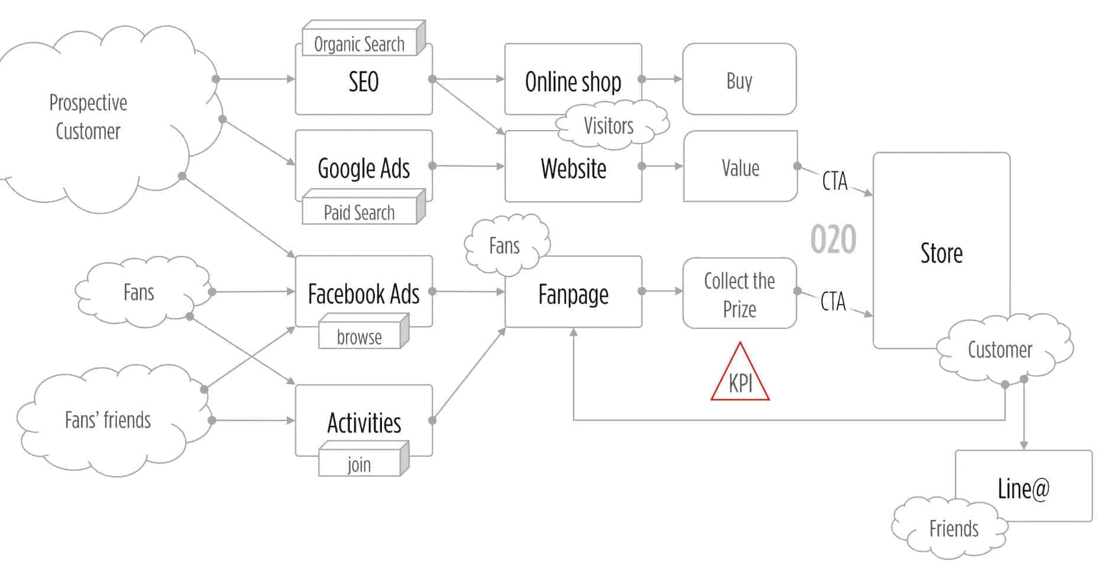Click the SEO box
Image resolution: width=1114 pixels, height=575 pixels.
[363, 82]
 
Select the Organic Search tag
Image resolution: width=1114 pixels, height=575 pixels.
[359, 44]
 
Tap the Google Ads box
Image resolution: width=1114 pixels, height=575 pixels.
[363, 168]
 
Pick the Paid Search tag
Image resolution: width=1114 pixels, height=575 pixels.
[359, 212]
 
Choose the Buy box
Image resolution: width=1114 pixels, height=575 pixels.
[739, 80]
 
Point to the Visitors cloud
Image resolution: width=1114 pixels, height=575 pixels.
[609, 125]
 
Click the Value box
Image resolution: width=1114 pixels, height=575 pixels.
[740, 168]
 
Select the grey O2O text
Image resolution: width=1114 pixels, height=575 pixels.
[833, 239]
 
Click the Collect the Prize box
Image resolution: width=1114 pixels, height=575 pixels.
[739, 294]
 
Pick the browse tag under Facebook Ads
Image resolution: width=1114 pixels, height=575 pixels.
[359, 337]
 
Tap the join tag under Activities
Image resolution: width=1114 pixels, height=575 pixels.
[359, 464]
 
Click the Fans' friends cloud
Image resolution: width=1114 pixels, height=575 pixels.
[108, 420]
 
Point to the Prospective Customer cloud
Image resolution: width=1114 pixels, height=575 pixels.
[89, 117]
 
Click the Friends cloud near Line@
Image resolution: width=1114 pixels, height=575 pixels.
[953, 528]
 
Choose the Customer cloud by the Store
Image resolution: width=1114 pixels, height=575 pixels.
[1000, 350]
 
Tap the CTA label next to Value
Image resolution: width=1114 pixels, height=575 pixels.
[834, 181]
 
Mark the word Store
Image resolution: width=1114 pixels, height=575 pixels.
[941, 253]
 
